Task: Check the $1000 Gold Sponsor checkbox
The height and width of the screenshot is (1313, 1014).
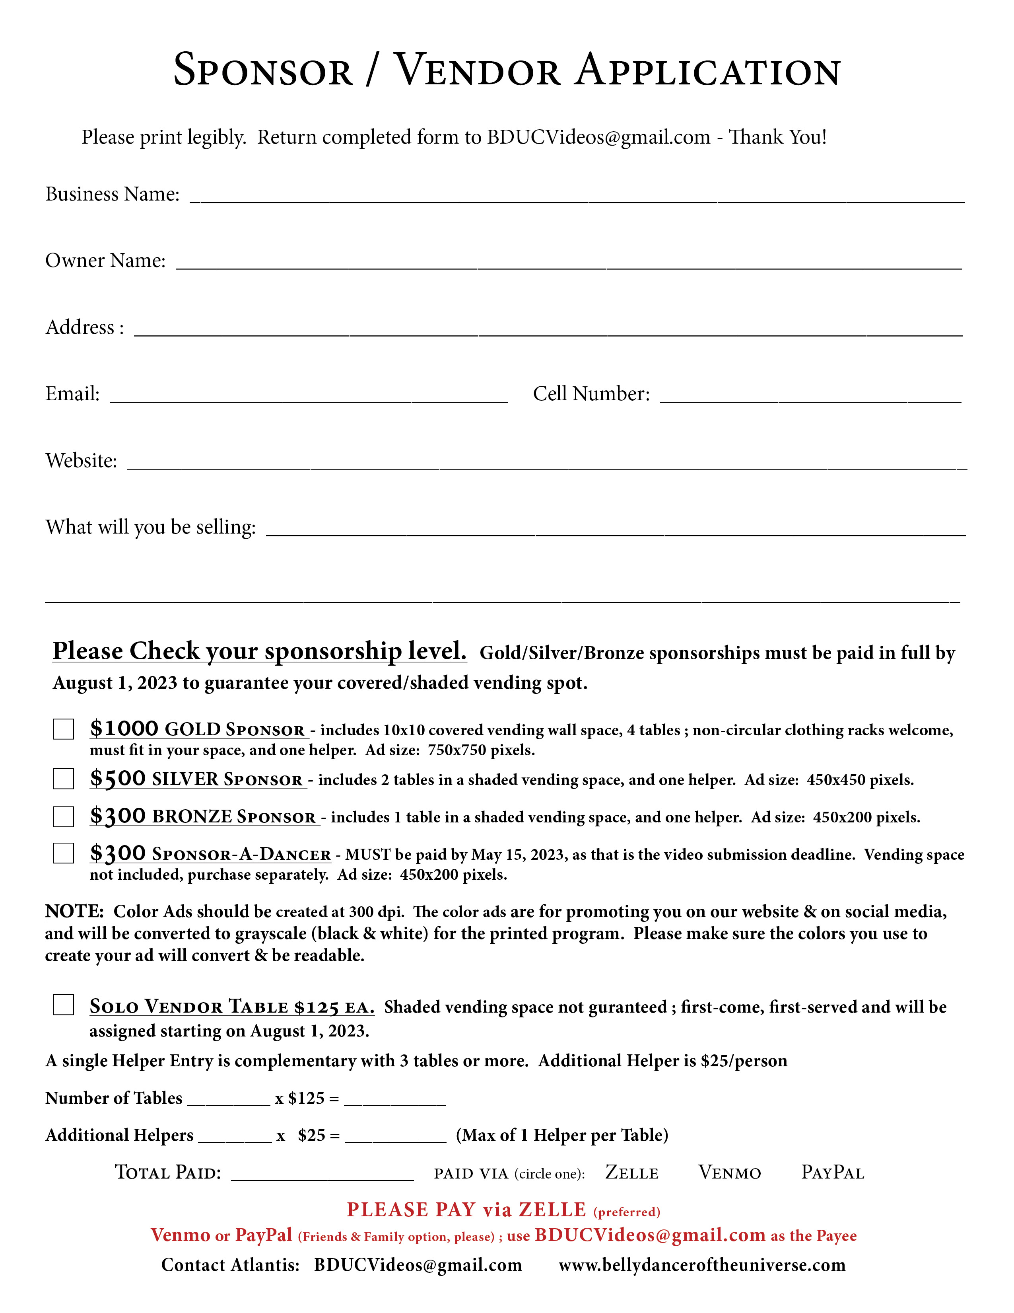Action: coord(63,729)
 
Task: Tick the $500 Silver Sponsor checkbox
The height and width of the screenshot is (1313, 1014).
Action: coord(63,779)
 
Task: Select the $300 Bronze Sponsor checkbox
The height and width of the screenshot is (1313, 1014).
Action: coord(63,816)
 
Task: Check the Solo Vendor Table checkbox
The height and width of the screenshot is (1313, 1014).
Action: coord(63,1005)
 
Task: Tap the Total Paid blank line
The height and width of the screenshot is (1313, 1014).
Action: coord(322,1175)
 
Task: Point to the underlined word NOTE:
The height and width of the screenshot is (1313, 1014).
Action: coord(74,912)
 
